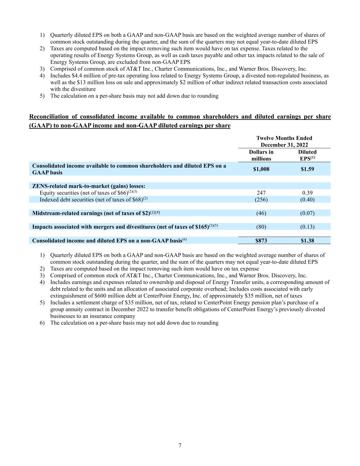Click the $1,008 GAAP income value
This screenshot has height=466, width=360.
click(261, 169)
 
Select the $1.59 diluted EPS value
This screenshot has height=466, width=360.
click(307, 169)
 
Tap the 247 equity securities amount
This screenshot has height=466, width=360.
click(261, 193)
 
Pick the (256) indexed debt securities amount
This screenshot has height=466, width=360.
click(261, 200)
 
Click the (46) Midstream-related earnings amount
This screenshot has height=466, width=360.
click(261, 213)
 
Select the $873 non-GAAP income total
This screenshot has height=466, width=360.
click(261, 241)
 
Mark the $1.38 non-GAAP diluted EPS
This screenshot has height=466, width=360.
click(307, 241)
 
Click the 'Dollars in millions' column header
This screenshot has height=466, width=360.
click(261, 155)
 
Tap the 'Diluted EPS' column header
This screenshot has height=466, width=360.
click(307, 155)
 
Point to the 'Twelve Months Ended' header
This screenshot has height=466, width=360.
click(284, 138)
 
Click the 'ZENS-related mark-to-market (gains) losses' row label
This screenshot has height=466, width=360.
click(88, 186)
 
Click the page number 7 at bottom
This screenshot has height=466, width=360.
click(180, 446)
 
